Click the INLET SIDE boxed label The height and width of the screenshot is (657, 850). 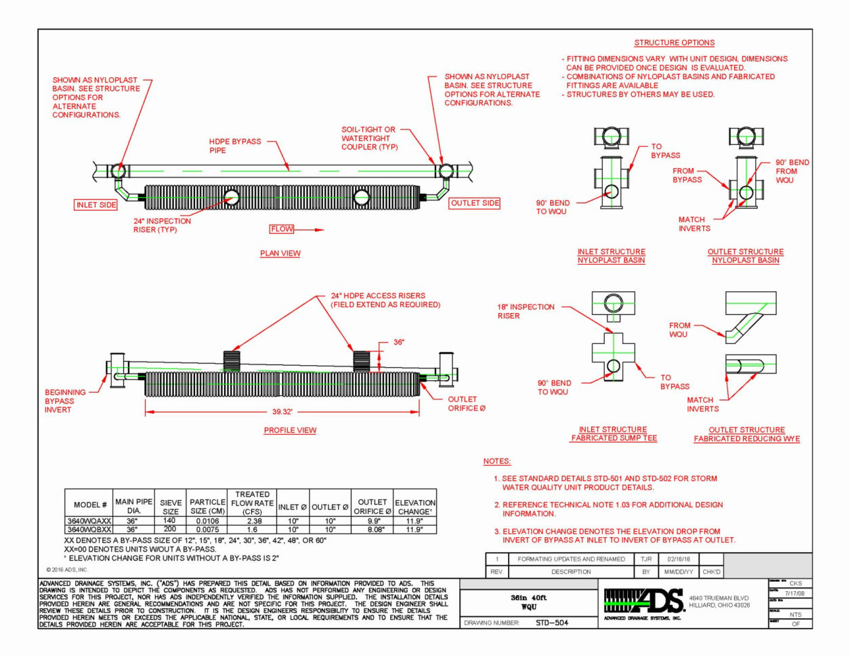pyautogui.click(x=96, y=205)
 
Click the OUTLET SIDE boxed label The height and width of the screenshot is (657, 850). pyautogui.click(x=475, y=203)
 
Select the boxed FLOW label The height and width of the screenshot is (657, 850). pyautogui.click(x=282, y=229)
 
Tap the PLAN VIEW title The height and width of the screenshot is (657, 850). pyautogui.click(x=280, y=253)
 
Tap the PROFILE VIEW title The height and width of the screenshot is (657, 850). pyautogui.click(x=290, y=430)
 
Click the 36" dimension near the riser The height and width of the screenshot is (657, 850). pyautogui.click(x=399, y=343)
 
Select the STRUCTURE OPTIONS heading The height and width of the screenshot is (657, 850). pyautogui.click(x=674, y=43)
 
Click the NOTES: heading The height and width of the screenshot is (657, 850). pyautogui.click(x=496, y=461)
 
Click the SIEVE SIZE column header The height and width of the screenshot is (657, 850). pyautogui.click(x=171, y=507)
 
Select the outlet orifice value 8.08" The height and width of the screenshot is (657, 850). pyautogui.click(x=372, y=530)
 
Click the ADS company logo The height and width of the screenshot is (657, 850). pyautogui.click(x=643, y=601)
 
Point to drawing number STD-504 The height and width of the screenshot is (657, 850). pyautogui.click(x=551, y=622)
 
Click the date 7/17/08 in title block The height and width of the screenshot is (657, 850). pyautogui.click(x=794, y=593)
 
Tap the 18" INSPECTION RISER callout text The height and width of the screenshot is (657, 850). pyautogui.click(x=526, y=311)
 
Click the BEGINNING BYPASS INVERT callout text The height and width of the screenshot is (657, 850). pyautogui.click(x=65, y=401)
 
